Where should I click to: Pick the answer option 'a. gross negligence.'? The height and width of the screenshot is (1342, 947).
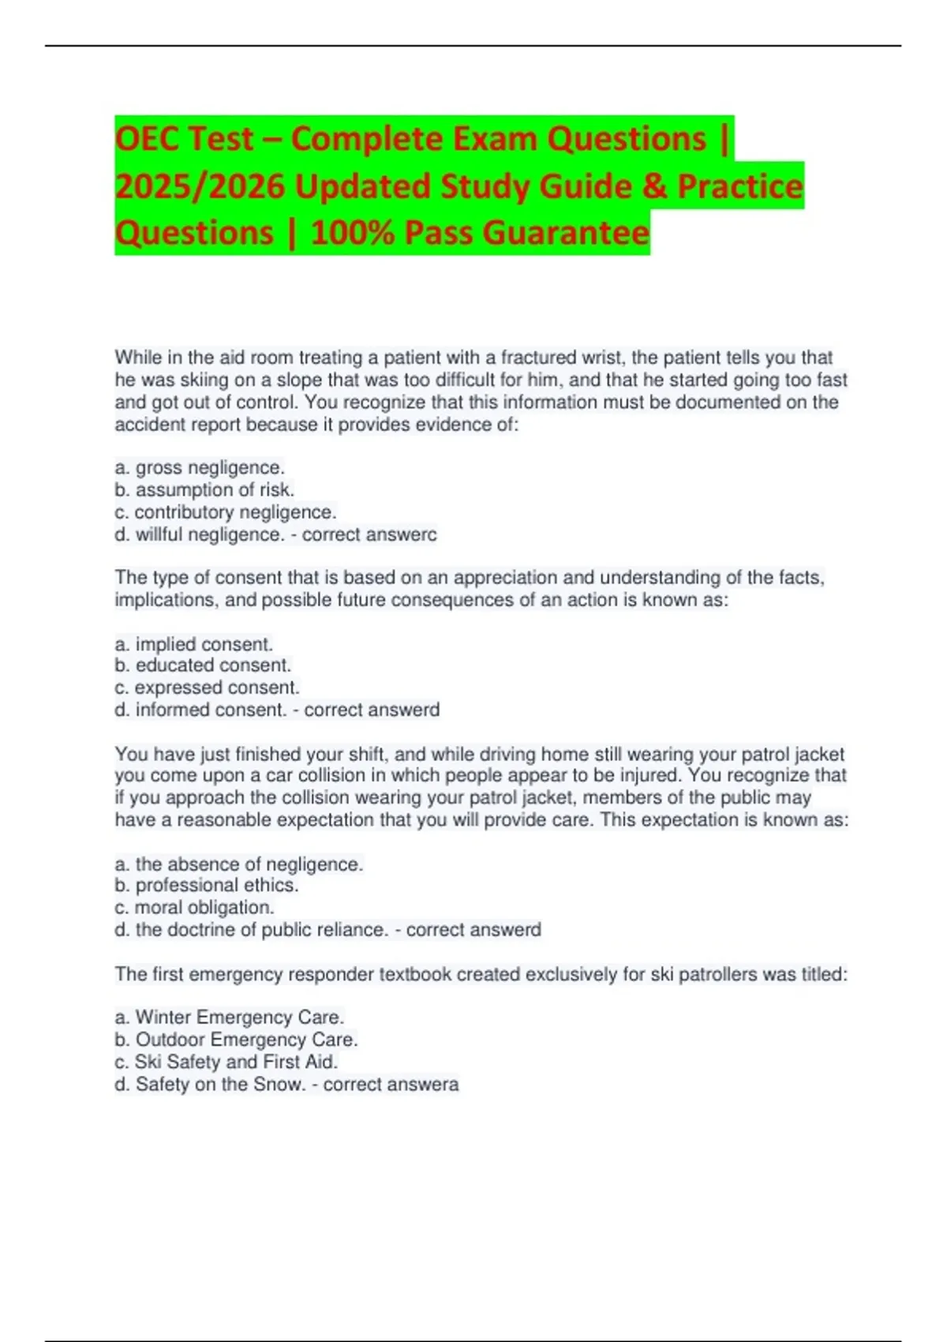(x=200, y=467)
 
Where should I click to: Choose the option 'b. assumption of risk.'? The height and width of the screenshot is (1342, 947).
(x=204, y=489)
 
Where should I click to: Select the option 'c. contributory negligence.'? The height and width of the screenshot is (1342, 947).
(x=226, y=512)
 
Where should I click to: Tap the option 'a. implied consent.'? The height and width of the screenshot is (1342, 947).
(x=194, y=643)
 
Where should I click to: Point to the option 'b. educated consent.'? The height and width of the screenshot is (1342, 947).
(x=203, y=665)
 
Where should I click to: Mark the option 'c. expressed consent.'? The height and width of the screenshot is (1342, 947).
(x=207, y=687)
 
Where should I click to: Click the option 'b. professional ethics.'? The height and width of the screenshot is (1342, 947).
(x=207, y=885)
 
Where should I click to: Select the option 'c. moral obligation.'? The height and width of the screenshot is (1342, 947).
(x=194, y=907)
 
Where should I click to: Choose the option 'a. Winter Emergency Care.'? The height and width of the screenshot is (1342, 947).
(x=230, y=1017)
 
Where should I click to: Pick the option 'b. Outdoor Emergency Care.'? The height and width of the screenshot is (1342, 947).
(x=237, y=1039)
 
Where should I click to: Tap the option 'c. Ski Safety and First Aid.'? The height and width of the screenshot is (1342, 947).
(x=226, y=1061)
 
